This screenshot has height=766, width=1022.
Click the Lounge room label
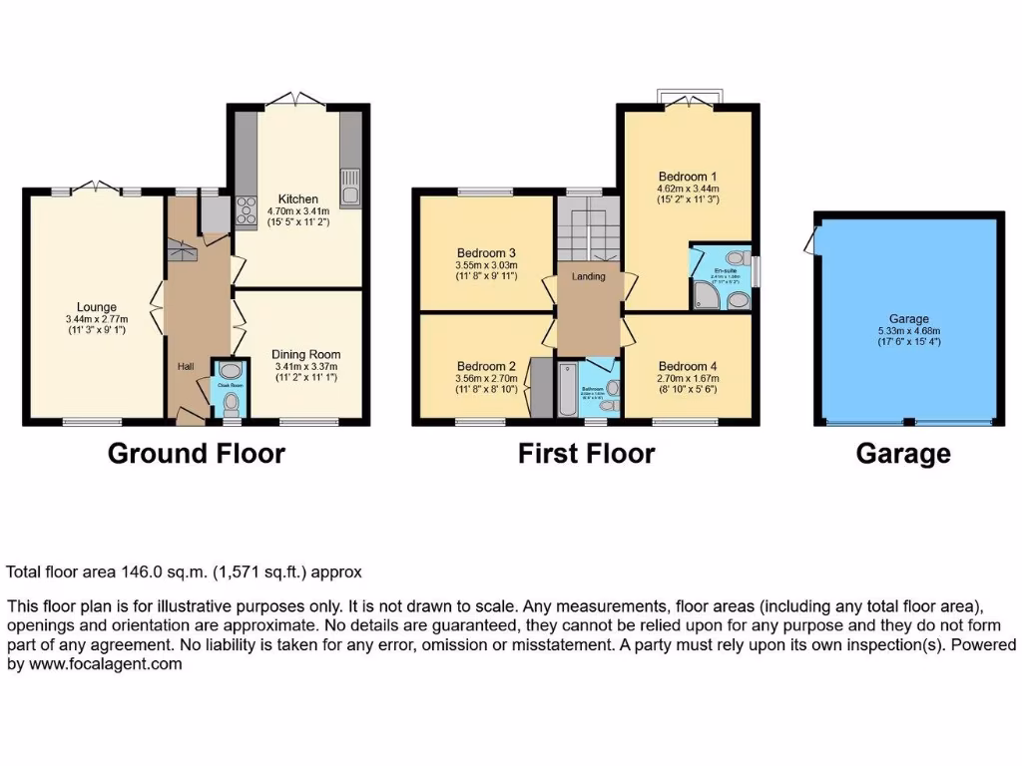pos(97,307)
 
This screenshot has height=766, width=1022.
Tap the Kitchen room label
pos(297,199)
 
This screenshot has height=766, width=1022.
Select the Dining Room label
pos(307,354)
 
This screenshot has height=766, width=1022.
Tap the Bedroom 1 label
pos(689,176)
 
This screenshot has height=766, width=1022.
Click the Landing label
pos(589,276)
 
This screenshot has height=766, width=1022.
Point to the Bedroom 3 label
pos(486,252)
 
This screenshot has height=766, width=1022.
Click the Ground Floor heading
pos(196,454)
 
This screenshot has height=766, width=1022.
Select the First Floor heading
pos(586,454)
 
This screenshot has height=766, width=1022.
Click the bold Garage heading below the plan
pos(903,454)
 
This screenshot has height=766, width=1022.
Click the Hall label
pos(186,367)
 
